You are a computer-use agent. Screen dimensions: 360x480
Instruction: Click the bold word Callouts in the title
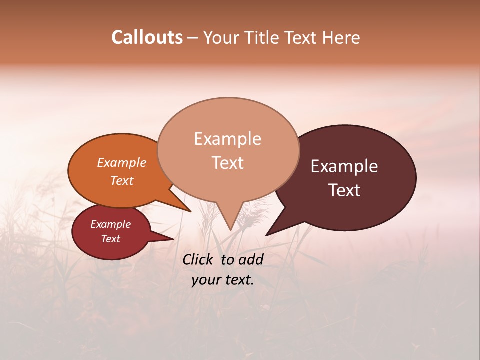pos(147,37)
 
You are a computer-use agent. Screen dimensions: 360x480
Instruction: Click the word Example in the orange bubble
pos(121,162)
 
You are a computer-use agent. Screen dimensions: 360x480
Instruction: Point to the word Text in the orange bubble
pos(121,180)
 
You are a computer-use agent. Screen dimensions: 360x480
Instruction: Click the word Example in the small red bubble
pos(110,224)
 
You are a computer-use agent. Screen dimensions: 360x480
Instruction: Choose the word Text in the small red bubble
pos(110,239)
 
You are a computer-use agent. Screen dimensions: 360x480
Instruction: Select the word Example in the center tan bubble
pos(227,139)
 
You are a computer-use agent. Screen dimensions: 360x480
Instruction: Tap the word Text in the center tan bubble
pos(227,163)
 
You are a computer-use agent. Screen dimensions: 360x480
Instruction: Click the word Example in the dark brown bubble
pos(344,166)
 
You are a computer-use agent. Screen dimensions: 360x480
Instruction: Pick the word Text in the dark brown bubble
pos(344,190)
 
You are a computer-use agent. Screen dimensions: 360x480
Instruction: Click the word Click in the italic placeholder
pos(198,259)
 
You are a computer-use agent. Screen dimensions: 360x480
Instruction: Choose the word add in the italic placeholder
pos(251,259)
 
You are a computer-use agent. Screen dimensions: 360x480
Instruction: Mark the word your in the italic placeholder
pos(205,280)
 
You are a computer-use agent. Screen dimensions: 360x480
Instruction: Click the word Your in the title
pos(221,38)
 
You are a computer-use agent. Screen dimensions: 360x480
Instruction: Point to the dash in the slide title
pos(193,38)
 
